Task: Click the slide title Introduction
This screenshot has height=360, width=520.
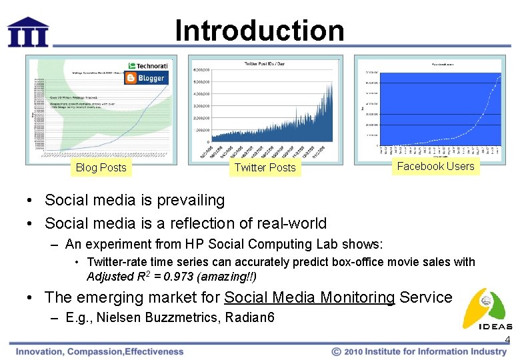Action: [259, 31]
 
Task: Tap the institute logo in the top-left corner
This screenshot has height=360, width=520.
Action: [28, 31]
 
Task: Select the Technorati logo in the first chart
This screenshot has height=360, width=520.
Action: [149, 66]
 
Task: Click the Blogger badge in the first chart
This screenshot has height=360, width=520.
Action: [145, 78]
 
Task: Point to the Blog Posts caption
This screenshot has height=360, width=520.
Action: [101, 167]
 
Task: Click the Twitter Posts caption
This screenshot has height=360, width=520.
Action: [265, 167]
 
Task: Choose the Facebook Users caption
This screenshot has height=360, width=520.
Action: [435, 166]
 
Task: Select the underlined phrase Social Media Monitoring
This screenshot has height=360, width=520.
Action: [309, 297]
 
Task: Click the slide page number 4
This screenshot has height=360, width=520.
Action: [507, 340]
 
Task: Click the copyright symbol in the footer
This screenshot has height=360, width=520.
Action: [337, 351]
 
